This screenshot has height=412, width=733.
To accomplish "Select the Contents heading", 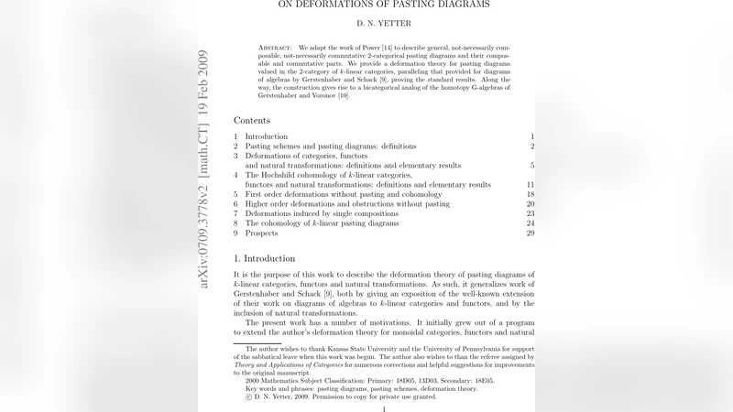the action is point(252,120).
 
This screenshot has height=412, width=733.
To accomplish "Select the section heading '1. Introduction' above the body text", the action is point(265,259).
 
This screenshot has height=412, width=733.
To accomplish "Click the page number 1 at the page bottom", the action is point(384,409).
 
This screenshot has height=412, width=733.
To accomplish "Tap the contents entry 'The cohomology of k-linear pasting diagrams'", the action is point(322,223).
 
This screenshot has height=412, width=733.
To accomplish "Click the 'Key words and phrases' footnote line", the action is point(361,388).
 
